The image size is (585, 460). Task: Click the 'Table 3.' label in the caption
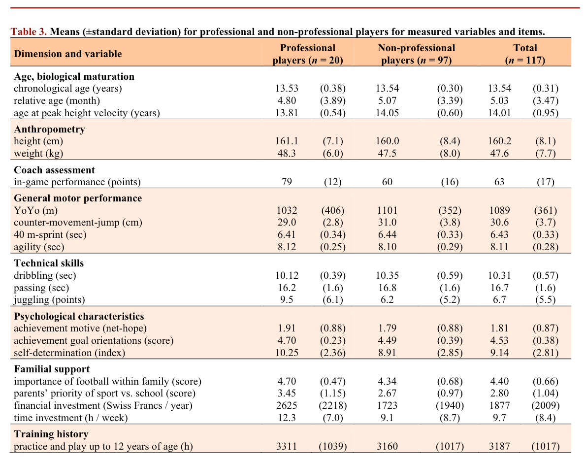pos(29,32)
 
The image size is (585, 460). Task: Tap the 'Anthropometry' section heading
pos(49,130)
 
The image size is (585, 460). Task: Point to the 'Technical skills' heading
pos(49,263)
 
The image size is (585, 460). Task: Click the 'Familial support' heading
pos(52,369)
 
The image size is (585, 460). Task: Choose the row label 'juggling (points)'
pos(49,299)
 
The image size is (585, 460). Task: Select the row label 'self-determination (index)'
pos(69,353)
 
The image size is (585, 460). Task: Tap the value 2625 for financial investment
pos(287,405)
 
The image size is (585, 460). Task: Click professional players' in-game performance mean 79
pos(287,182)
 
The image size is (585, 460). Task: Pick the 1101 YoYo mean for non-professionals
pos(387,210)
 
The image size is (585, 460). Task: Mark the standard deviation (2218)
pos(333,405)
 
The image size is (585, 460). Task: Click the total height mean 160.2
pos(499,141)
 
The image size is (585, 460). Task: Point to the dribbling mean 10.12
pos(287,275)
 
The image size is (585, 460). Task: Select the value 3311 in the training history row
pos(287,447)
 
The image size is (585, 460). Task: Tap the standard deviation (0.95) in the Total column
pos(546,113)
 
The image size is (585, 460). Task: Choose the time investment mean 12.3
pos(287,418)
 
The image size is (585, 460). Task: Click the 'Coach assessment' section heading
pos(54,170)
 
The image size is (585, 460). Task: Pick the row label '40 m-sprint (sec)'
pos(50,234)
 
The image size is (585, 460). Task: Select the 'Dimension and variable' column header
pos(67,54)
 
